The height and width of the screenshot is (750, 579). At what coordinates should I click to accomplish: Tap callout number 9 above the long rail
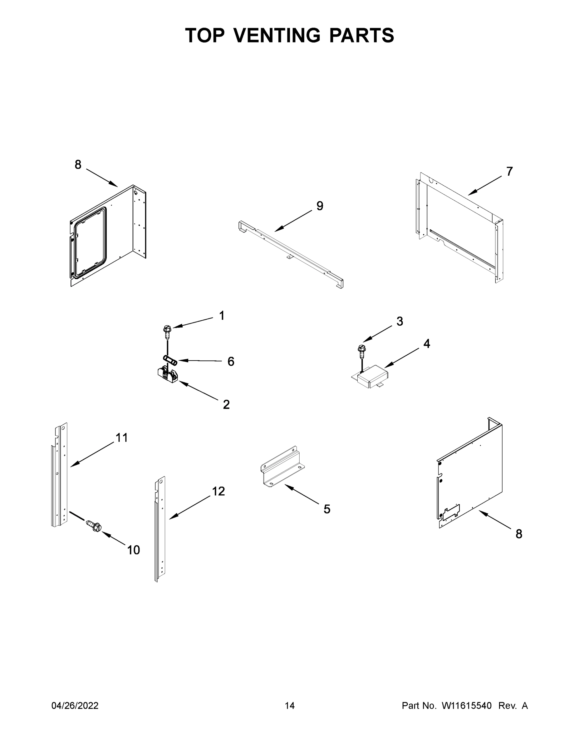pos(319,206)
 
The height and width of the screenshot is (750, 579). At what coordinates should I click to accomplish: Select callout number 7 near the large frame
pos(509,171)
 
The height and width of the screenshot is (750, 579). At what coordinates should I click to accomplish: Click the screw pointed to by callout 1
pos(167,331)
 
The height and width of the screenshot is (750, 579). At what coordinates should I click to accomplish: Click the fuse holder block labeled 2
pos(168,375)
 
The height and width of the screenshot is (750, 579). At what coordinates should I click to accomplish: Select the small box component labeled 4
pos(371,377)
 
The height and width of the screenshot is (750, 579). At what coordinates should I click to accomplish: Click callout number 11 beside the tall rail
pos(121,437)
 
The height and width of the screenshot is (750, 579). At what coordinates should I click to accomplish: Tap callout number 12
pos(218,492)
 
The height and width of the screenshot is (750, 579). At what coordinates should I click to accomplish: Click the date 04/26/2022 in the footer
pos(75,706)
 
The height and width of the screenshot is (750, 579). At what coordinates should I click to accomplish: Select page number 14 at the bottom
pos(290,706)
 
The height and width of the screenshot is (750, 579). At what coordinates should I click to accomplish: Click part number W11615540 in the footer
pos(467,706)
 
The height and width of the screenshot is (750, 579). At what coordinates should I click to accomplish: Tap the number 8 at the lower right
pos(519,534)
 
